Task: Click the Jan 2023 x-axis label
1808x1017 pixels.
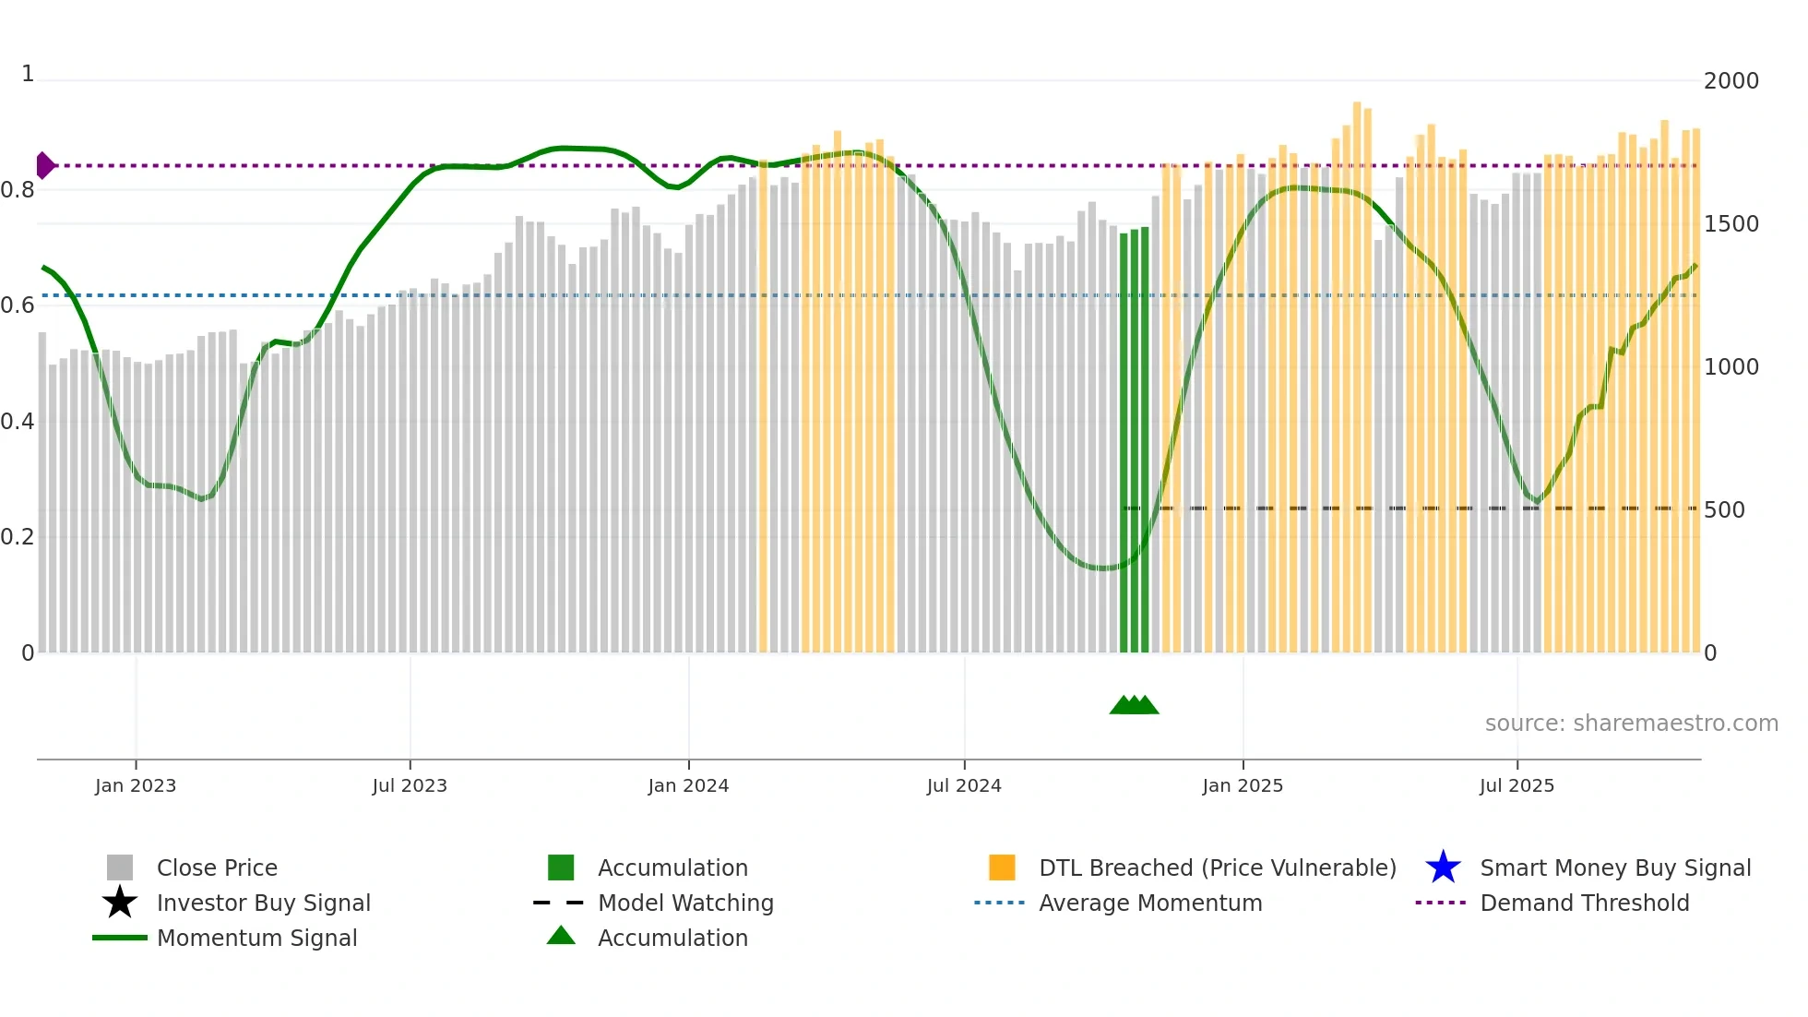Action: [x=135, y=785]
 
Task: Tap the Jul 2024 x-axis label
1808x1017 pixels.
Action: [x=964, y=785]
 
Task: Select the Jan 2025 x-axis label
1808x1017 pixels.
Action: [x=1243, y=785]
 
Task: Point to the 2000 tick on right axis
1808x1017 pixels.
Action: [x=1731, y=81]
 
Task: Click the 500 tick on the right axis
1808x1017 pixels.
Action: [x=1724, y=510]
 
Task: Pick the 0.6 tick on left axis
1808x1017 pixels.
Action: [x=18, y=305]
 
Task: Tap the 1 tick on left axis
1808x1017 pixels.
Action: [x=28, y=74]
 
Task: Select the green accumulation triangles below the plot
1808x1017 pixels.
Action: [x=1134, y=705]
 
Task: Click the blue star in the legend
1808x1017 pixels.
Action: [x=1443, y=867]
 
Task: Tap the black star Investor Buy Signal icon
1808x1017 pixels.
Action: [x=120, y=903]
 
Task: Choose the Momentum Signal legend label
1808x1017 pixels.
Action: [x=256, y=938]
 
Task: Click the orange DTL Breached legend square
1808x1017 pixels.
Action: [x=1002, y=867]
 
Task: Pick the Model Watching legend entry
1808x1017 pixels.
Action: [x=685, y=903]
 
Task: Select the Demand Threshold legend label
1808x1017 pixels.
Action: [x=1584, y=903]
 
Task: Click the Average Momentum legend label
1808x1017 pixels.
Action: [x=1150, y=903]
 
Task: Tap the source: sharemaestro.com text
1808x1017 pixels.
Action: [x=1631, y=724]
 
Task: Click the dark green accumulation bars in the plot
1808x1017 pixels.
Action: [x=1135, y=443]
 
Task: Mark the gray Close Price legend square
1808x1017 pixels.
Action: [x=120, y=867]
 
